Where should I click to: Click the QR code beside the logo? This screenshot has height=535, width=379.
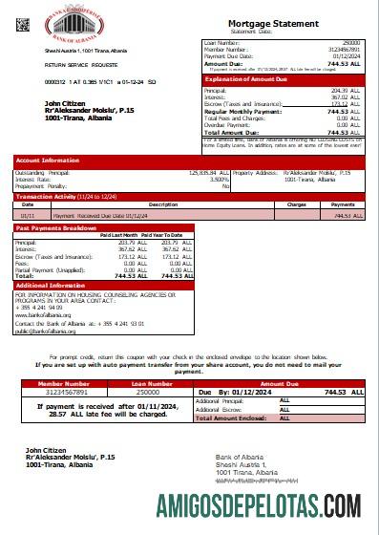click(x=23, y=24)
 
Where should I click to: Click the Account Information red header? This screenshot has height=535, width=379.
click(x=48, y=160)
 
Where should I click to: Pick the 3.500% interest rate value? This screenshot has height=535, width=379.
click(x=219, y=178)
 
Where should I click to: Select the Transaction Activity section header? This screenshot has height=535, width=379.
click(x=57, y=196)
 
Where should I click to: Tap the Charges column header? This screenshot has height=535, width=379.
click(x=296, y=203)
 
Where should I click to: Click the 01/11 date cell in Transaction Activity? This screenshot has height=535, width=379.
click(x=28, y=216)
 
